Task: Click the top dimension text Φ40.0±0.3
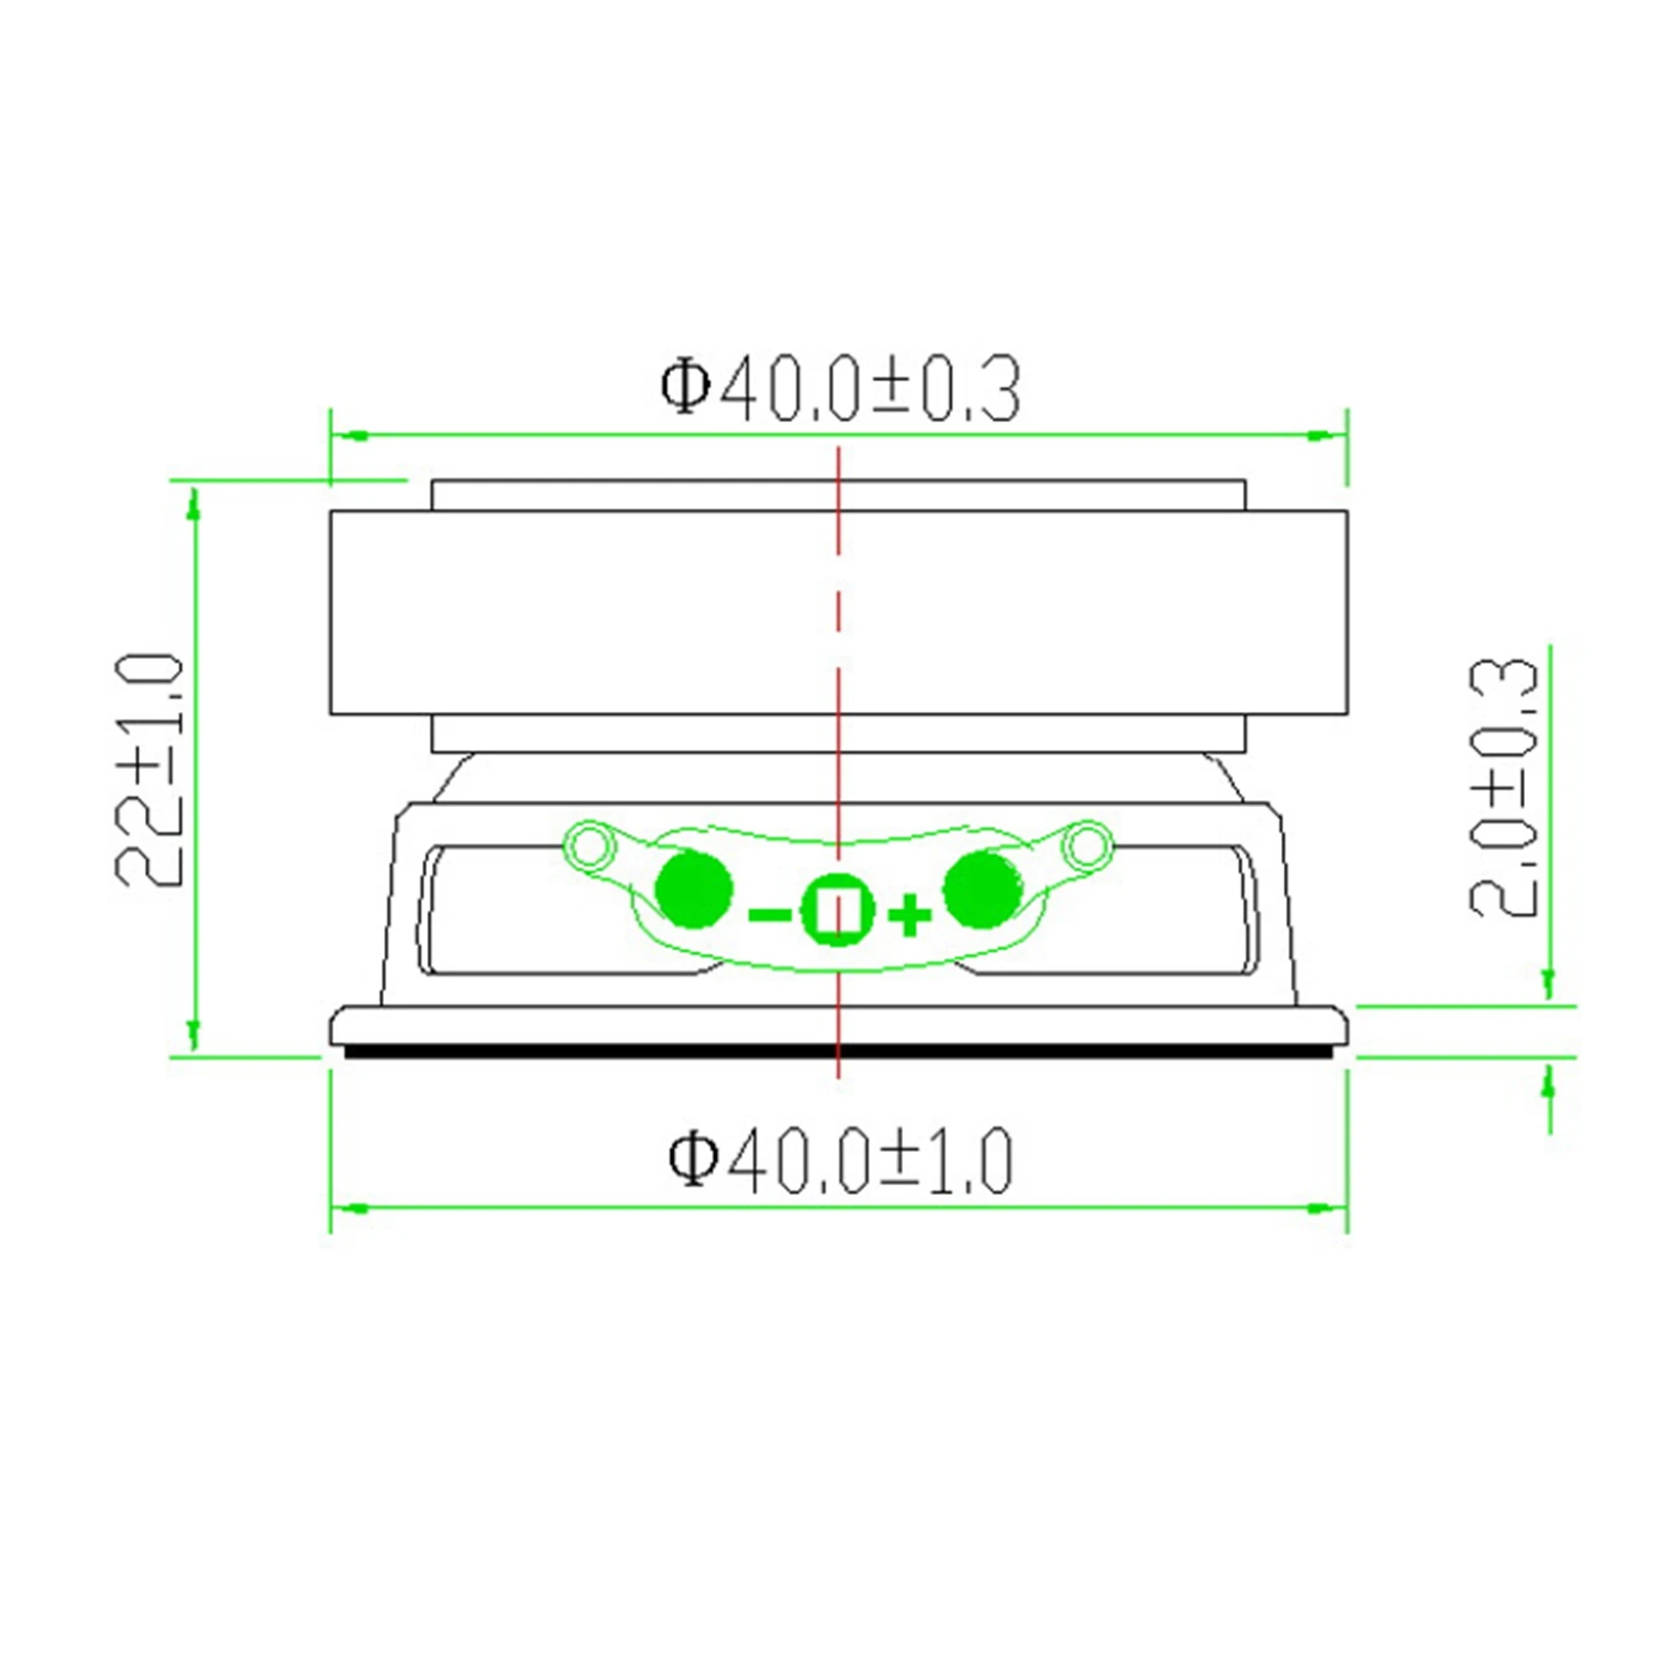[x=839, y=390]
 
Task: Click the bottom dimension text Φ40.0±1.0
[x=839, y=1162]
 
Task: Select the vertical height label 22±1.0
[x=150, y=771]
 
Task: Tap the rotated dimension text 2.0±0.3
[x=1504, y=787]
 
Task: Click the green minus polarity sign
[x=769, y=915]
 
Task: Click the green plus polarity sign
[x=909, y=916]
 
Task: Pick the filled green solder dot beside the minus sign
[x=692, y=889]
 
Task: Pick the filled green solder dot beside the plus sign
[x=982, y=889]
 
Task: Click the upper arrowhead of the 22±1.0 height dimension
[x=194, y=503]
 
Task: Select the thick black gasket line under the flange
[x=838, y=1052]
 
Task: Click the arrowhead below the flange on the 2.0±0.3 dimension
[x=1548, y=1084]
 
